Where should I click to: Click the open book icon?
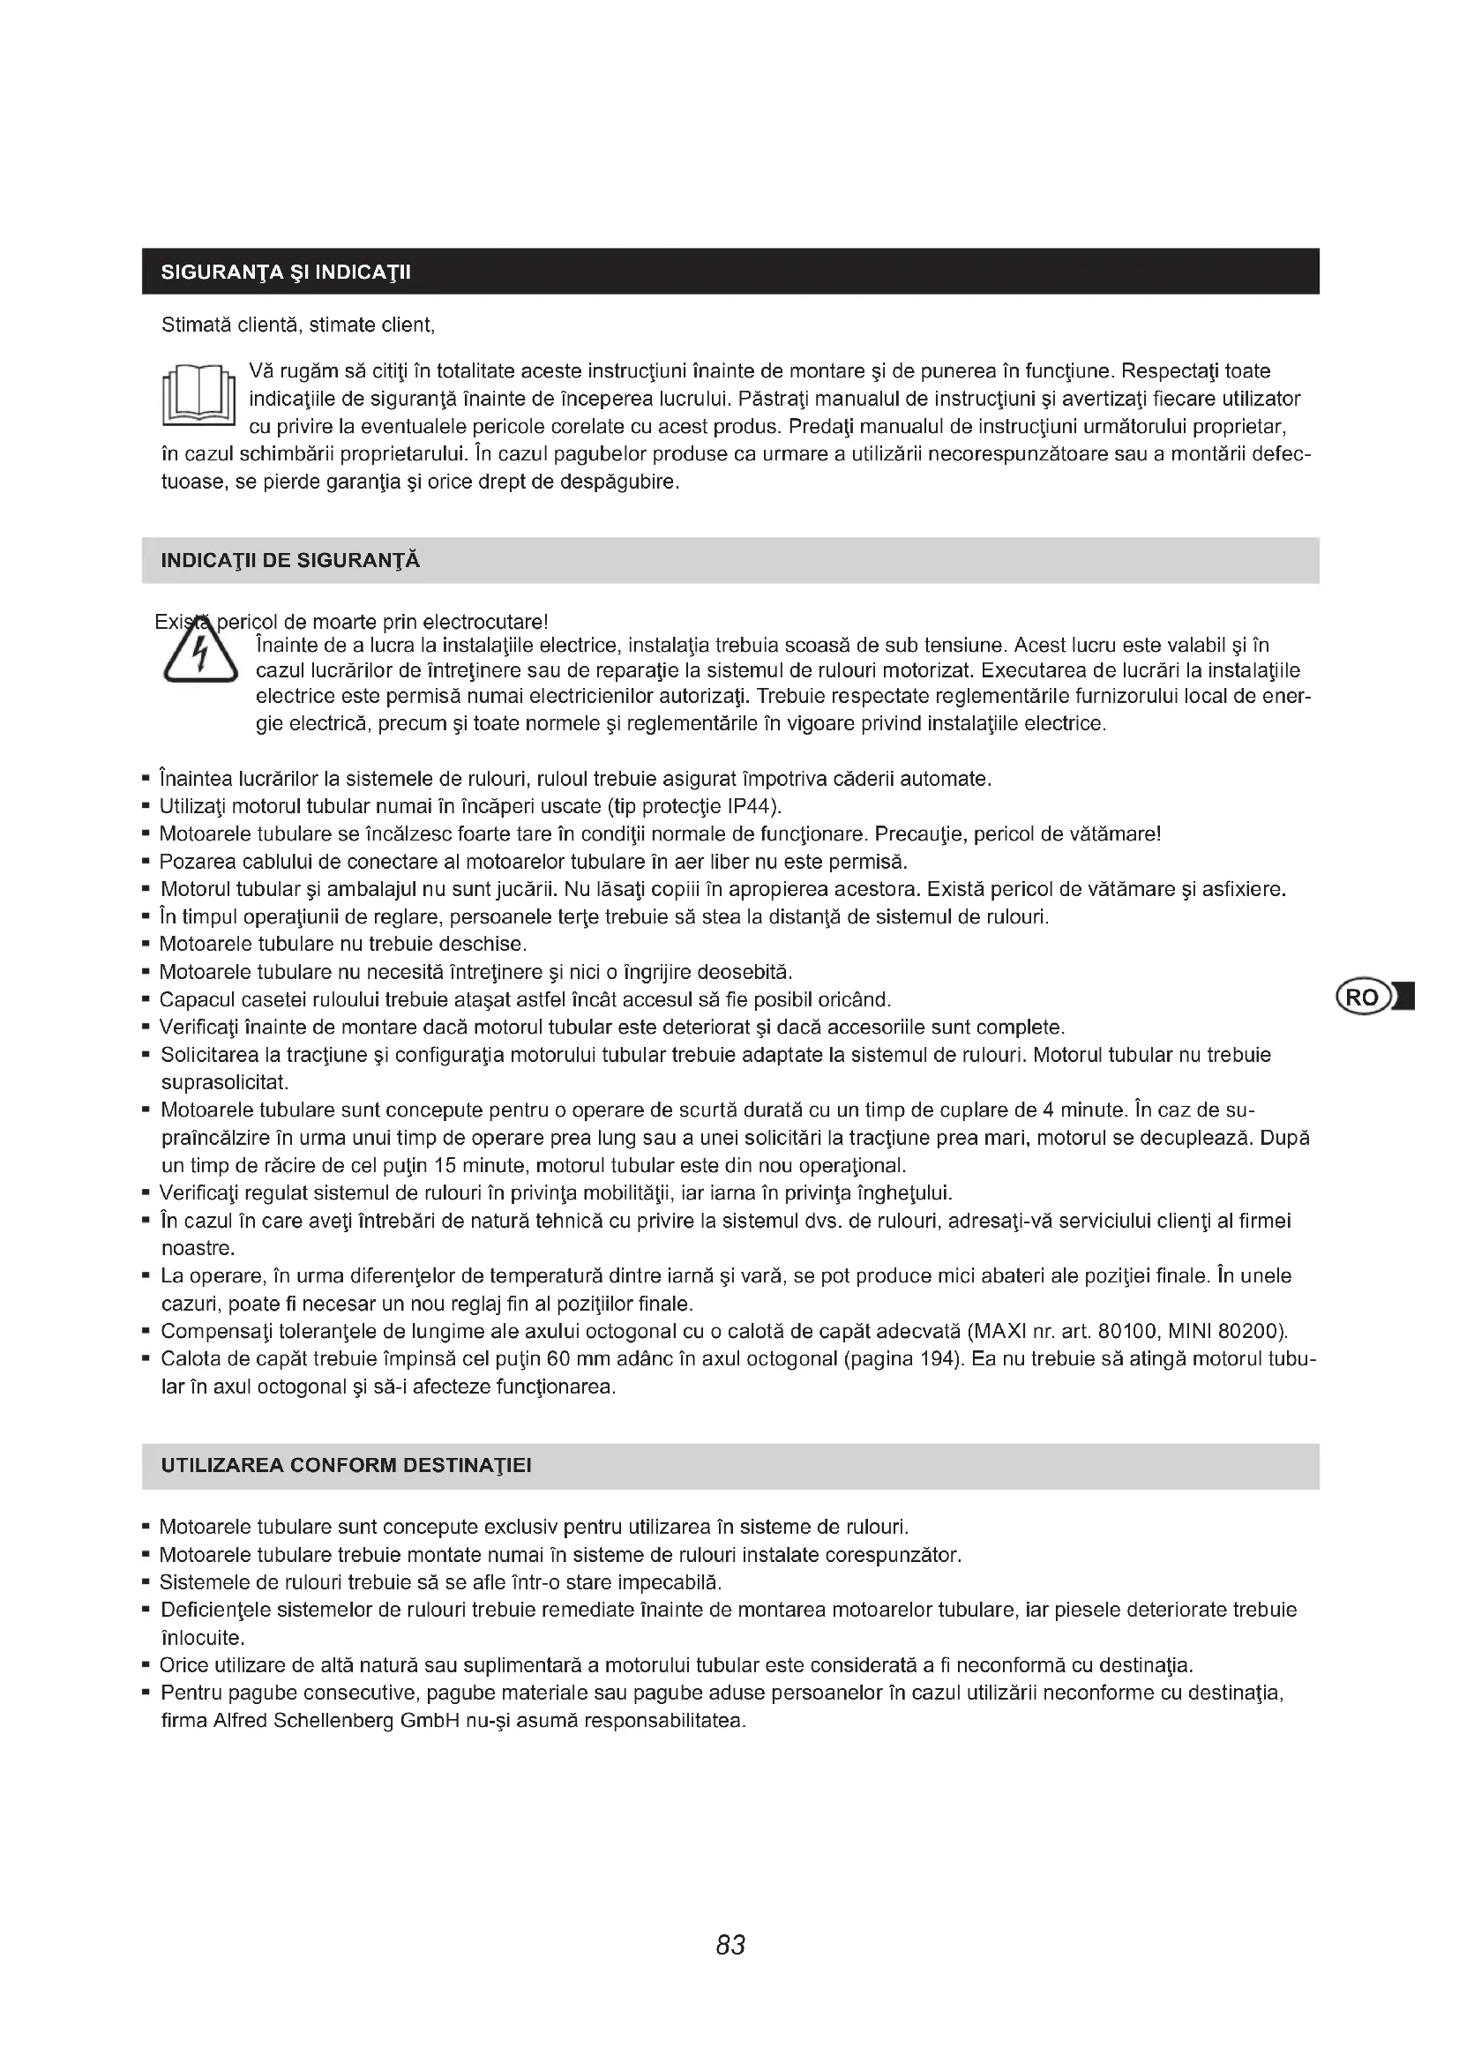click(199, 396)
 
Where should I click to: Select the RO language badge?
click(1362, 998)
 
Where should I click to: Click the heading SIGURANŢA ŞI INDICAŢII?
click(286, 273)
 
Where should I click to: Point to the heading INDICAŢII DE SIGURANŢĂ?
click(290, 561)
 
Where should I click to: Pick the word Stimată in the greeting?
click(196, 325)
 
